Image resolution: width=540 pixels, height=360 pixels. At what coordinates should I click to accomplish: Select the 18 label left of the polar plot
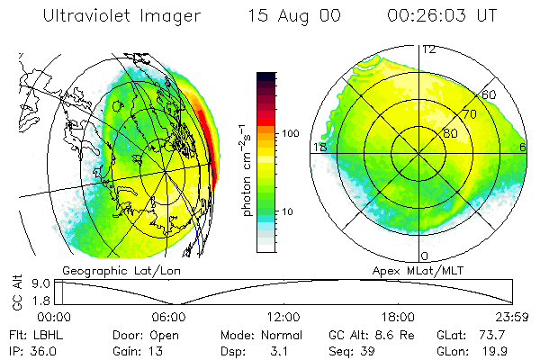[x=319, y=147]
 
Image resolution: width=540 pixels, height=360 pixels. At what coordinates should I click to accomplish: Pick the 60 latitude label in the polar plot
[x=490, y=94]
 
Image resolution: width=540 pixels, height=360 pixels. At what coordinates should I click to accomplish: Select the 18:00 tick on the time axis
[x=398, y=318]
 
